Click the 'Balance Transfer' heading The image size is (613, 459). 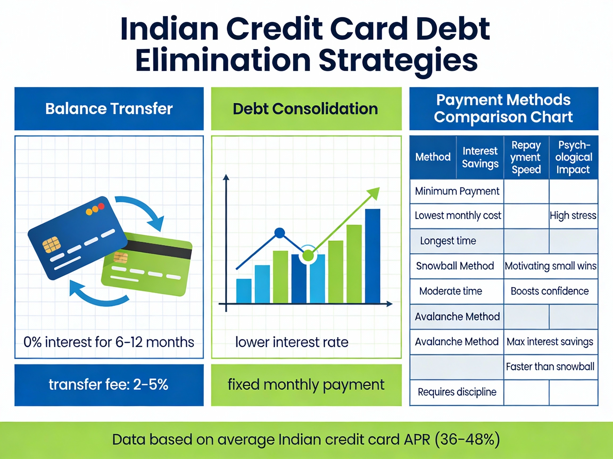tap(109, 108)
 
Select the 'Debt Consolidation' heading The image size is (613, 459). tap(305, 108)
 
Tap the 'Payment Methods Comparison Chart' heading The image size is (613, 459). tap(503, 108)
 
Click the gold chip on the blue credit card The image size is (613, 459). tap(51, 244)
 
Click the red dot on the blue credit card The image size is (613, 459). tap(101, 206)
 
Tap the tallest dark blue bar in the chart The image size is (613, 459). tap(372, 256)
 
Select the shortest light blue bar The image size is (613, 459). tap(244, 291)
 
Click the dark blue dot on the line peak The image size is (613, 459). tap(280, 233)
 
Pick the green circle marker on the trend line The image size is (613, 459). tap(308, 255)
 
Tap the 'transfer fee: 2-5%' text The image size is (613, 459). tap(109, 385)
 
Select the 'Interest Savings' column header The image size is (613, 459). tap(480, 157)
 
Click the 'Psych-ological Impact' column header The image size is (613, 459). tap(574, 157)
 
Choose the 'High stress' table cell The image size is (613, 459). tap(573, 215)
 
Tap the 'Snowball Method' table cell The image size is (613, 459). tap(455, 266)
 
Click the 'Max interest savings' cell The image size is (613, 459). tap(550, 342)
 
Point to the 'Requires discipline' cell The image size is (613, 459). tap(457, 392)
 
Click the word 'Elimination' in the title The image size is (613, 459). tap(223, 60)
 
